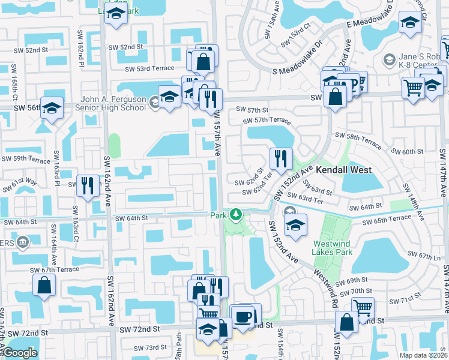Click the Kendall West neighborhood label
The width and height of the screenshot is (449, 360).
pos(342,170)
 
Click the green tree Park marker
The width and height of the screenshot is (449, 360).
pos(237,215)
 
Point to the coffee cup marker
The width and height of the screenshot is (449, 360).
pos(243,316)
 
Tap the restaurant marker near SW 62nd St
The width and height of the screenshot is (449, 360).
pos(281,159)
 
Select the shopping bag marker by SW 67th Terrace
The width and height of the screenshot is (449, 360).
pos(45,286)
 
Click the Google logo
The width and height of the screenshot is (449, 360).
pos(20,353)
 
